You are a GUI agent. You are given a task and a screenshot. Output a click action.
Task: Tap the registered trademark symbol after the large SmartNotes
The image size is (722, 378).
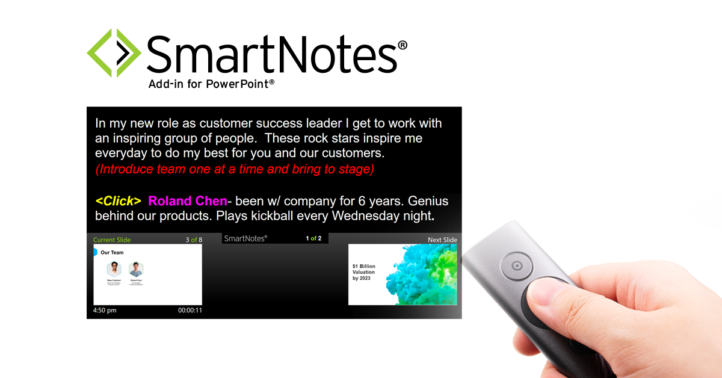[x=403, y=46]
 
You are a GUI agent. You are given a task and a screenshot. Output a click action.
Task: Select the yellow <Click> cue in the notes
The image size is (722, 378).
[x=118, y=201]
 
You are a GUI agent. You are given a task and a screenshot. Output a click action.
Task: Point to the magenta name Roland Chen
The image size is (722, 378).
[x=188, y=201]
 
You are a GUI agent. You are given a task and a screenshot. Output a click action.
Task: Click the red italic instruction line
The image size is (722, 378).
[x=235, y=169]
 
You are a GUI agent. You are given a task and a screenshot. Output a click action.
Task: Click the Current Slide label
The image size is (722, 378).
[x=112, y=240]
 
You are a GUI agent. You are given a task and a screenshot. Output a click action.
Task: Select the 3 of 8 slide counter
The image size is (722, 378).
[x=194, y=240]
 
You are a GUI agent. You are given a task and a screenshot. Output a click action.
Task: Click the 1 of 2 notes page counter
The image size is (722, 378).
[x=313, y=238]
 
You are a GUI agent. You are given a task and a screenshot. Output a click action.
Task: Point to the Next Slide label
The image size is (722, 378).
[x=442, y=240]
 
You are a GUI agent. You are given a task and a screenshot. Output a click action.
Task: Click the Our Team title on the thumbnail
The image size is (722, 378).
[x=112, y=252]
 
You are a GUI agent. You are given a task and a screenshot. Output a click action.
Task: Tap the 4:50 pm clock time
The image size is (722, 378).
[x=105, y=311]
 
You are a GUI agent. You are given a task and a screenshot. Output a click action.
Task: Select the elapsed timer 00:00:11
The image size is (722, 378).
[x=190, y=311]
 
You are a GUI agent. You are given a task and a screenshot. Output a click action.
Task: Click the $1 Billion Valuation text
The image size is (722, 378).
[x=363, y=272]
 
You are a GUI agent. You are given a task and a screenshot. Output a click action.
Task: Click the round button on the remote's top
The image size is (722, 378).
[x=516, y=265]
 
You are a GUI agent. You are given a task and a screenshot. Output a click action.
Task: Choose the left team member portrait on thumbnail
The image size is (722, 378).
[x=114, y=269]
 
